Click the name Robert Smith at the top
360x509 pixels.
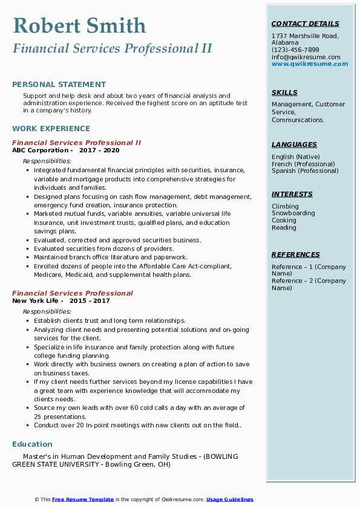click(79, 26)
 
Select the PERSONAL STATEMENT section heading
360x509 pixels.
click(59, 85)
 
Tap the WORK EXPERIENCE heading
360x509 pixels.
click(51, 129)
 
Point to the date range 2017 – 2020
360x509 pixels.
click(99, 151)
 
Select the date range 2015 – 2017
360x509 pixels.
click(90, 300)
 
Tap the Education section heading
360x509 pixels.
click(32, 444)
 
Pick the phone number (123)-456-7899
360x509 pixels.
click(295, 50)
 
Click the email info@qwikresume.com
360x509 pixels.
click(306, 57)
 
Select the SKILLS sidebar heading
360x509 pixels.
click(284, 93)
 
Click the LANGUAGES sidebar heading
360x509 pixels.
click(294, 145)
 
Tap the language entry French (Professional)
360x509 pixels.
click(303, 164)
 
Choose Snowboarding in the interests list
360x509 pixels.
click(293, 213)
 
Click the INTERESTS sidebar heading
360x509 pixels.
click(292, 195)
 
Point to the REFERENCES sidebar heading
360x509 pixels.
click(296, 255)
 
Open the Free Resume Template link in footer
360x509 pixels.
click(83, 499)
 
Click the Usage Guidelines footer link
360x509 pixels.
click(230, 499)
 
